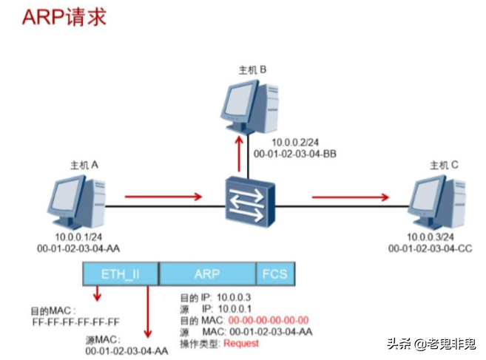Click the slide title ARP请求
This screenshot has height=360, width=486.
pyautogui.click(x=64, y=17)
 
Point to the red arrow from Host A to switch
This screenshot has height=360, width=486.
pyautogui.click(x=163, y=197)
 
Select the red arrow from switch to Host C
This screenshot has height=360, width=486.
pyautogui.click(x=350, y=197)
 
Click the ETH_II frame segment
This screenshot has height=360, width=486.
pyautogui.click(x=120, y=274)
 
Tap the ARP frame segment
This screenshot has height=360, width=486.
pyautogui.click(x=207, y=274)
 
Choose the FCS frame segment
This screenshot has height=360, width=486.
pyautogui.click(x=274, y=274)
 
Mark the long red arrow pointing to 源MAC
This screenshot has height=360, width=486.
pyautogui.click(x=150, y=310)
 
